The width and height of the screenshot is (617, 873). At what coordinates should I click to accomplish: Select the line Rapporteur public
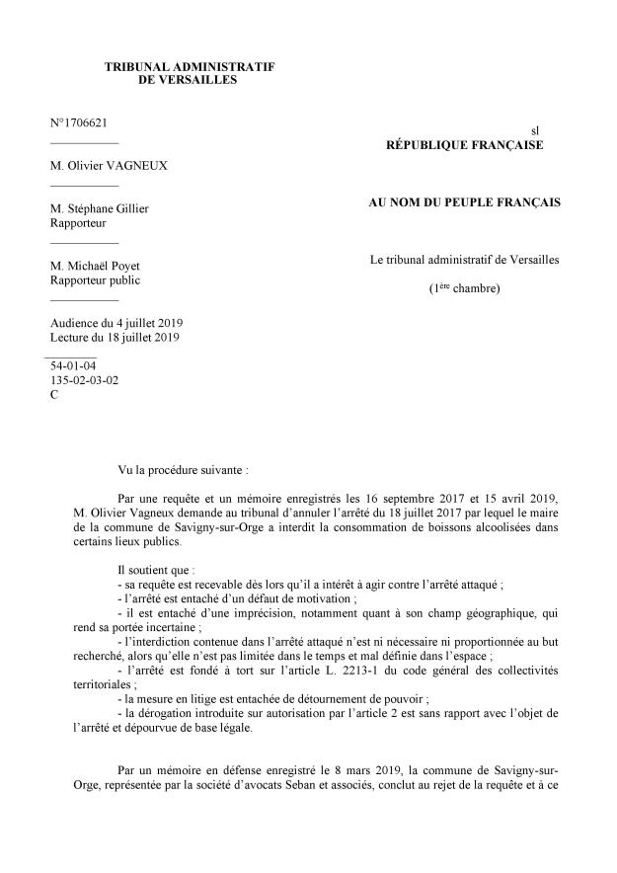point(96,279)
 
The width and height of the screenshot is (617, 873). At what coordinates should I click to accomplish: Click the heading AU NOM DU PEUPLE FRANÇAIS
point(464,202)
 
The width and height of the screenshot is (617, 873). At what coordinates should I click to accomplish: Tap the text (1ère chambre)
point(464,288)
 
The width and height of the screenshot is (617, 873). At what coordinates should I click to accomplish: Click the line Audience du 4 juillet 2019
point(123,323)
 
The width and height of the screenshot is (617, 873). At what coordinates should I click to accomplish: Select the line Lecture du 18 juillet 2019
point(120,338)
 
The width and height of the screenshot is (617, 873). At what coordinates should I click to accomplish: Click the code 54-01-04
point(73,365)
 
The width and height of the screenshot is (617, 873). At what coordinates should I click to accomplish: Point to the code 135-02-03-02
point(84,379)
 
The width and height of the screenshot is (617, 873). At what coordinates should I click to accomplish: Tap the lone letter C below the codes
point(54,394)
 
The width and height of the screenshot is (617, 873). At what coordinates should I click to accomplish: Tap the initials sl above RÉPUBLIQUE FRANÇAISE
point(535,129)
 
